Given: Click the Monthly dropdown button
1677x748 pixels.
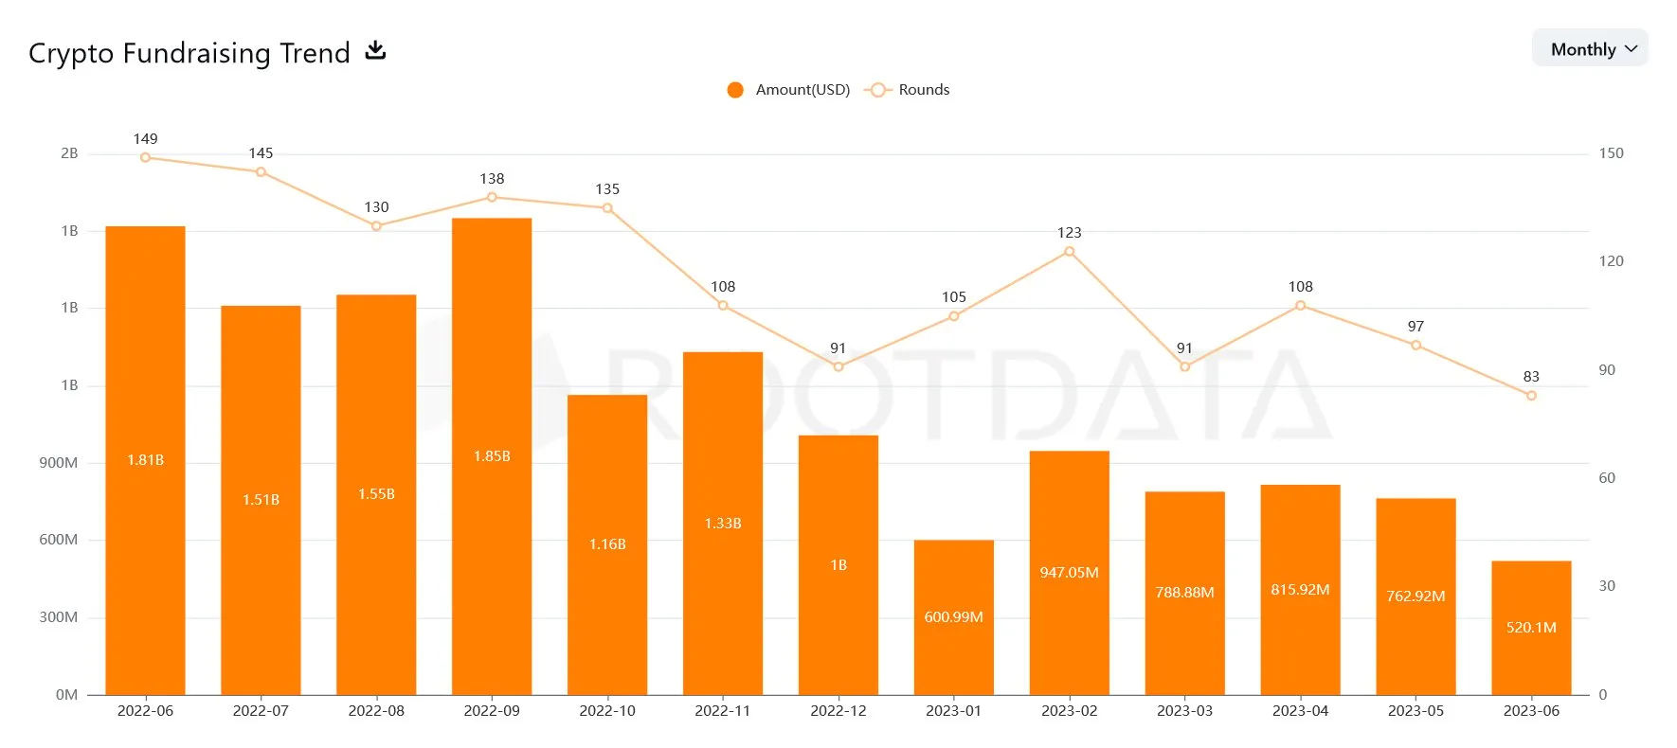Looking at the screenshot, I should (1590, 48).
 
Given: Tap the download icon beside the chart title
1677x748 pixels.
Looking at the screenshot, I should (376, 50).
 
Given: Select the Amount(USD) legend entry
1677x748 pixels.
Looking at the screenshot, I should (788, 90).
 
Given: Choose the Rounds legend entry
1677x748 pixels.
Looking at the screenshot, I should (908, 90).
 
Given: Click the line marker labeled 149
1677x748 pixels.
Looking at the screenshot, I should (145, 157).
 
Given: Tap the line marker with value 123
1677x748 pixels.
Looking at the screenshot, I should (1069, 252).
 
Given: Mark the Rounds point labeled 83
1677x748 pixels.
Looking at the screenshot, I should (1531, 396).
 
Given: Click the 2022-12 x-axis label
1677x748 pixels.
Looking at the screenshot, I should (838, 711).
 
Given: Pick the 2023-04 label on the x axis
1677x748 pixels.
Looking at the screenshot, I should (1300, 711).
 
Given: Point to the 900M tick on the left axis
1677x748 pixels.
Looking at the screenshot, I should (59, 463).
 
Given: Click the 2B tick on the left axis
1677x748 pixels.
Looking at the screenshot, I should (69, 153).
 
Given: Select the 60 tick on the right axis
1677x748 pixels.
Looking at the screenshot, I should (1607, 478).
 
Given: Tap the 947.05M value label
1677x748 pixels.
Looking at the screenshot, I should (1069, 573).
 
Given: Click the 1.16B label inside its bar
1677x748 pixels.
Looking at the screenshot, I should (607, 544).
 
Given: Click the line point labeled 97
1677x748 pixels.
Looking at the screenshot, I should (1416, 346).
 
